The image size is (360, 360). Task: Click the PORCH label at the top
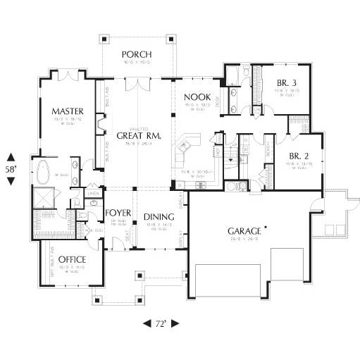click(137, 54)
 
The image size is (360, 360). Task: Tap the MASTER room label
click(68, 111)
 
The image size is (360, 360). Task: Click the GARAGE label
click(243, 231)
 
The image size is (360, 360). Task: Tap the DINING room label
click(159, 217)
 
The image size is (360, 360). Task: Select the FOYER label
click(120, 212)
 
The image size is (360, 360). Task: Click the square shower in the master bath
click(44, 199)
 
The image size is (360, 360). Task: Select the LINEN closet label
click(92, 193)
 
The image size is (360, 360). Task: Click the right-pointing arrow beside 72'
click(175, 323)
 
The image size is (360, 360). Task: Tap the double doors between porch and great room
click(137, 84)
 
